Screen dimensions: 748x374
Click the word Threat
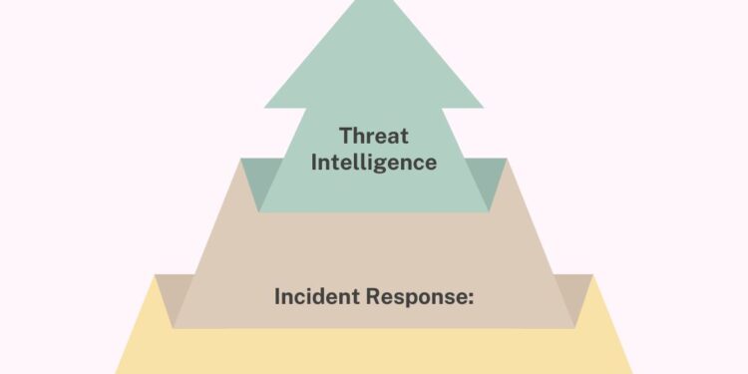click(374, 135)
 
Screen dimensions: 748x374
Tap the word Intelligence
click(374, 162)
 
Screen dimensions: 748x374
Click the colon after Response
click(470, 298)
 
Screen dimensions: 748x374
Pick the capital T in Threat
click(344, 135)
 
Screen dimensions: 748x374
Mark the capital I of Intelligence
click(314, 162)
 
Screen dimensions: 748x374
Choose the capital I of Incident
click(277, 296)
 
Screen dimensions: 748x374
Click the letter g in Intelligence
click(386, 165)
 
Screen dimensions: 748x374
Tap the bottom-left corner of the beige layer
click(174, 327)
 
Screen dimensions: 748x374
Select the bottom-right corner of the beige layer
click(574, 327)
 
